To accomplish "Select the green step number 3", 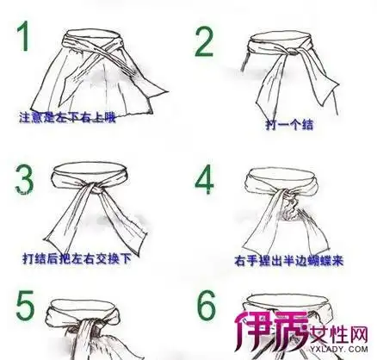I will (x=26, y=178).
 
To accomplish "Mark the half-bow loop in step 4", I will (x=297, y=207).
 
